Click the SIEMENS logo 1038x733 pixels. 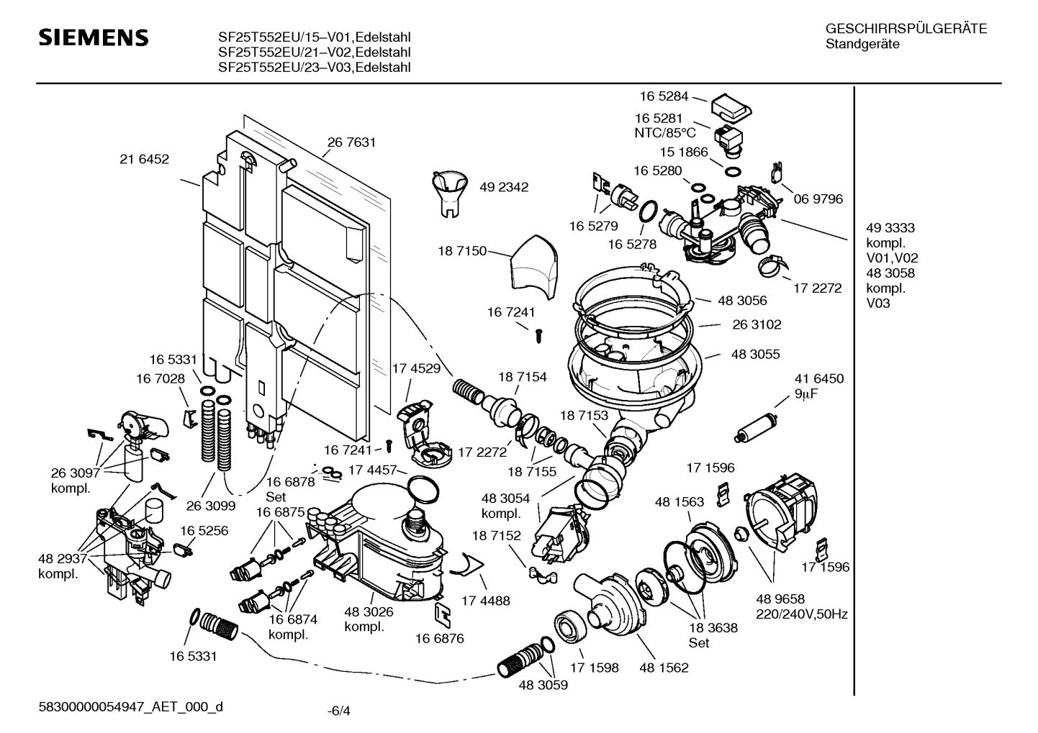pyautogui.click(x=94, y=37)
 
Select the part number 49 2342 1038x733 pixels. pyautogui.click(x=504, y=187)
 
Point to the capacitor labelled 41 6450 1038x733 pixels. pyautogui.click(x=755, y=426)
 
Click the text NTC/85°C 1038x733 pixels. pyautogui.click(x=665, y=132)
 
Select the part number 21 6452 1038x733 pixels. pyautogui.click(x=144, y=159)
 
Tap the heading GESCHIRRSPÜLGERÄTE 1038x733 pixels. pyautogui.click(x=906, y=29)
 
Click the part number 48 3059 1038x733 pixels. pyautogui.click(x=543, y=685)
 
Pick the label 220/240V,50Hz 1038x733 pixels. pyautogui.click(x=801, y=614)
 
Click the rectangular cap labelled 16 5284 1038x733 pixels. pyautogui.click(x=731, y=107)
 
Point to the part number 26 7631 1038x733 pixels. pyautogui.click(x=351, y=142)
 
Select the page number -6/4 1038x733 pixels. pyautogui.click(x=338, y=711)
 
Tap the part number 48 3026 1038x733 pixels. pyautogui.click(x=369, y=611)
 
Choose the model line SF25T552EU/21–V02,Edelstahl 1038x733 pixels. pyautogui.click(x=315, y=52)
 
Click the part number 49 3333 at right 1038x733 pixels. pyautogui.click(x=890, y=228)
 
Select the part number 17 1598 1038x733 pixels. pyautogui.click(x=595, y=668)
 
